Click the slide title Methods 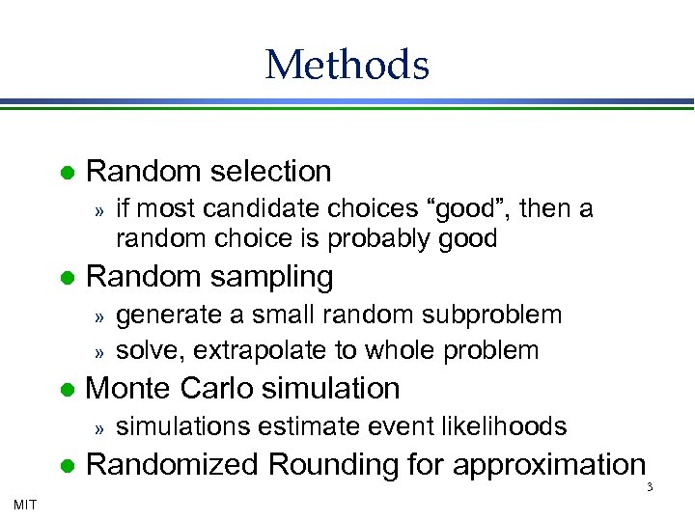tap(347, 65)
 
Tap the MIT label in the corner tap(25, 503)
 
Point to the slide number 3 tap(650, 487)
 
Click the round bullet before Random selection tap(67, 174)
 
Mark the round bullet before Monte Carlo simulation tap(67, 390)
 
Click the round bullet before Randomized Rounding tap(67, 467)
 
